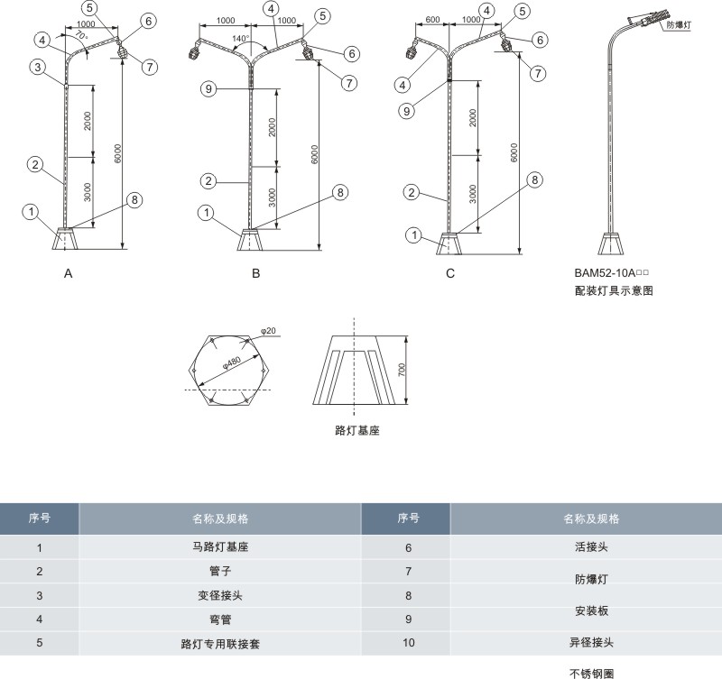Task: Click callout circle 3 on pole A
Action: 37,67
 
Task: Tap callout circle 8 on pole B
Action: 340,191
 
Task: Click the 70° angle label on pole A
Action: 79,36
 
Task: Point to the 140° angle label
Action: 240,39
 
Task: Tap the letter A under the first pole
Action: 68,274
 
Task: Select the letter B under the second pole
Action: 256,274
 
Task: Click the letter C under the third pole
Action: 450,274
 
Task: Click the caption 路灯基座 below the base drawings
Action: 356,431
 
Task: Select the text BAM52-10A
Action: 606,272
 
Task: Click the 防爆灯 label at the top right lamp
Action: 676,25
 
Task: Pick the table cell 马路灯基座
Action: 220,546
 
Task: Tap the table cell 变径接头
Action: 220,595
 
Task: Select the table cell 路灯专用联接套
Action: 220,644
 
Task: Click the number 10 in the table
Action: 408,644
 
